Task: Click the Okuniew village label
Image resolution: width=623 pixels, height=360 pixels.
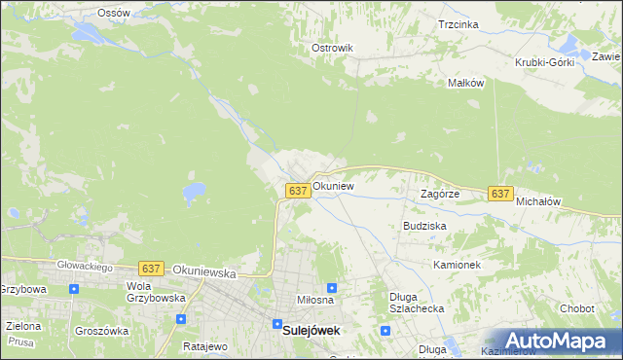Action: point(333,185)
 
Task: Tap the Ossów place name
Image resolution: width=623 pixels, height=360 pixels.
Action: point(114,13)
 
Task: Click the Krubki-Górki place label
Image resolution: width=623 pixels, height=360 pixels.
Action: point(545,62)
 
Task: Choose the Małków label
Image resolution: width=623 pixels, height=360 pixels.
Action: point(465,83)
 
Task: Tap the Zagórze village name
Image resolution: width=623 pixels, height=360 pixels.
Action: point(439,194)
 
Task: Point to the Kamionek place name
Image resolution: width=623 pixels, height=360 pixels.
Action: point(458,265)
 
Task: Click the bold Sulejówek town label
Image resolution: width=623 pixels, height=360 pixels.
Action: point(311,330)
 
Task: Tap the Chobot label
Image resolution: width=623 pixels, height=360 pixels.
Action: point(576,308)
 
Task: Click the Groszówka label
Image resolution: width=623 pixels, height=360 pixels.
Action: point(105,331)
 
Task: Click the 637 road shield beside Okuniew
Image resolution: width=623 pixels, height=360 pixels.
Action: point(299,191)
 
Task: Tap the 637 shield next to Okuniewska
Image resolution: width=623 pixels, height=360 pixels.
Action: point(150,268)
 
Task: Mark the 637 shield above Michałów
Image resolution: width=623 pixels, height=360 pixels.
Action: point(500,194)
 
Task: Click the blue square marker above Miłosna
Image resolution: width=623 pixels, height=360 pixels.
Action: point(332,288)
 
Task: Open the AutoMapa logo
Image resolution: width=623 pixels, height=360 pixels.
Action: point(553,341)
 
